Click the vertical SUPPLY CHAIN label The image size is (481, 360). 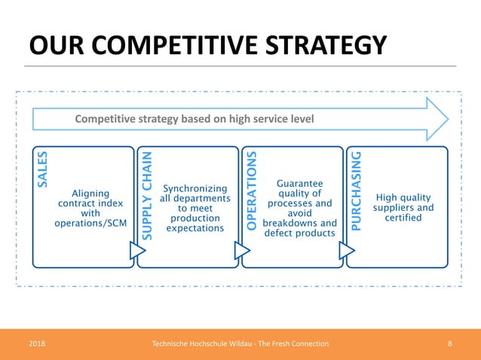[148, 196]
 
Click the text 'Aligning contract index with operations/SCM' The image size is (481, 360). [90, 209]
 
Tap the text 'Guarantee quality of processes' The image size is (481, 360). [300, 194]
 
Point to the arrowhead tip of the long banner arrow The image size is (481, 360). [447, 118]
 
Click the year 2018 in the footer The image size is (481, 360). [37, 343]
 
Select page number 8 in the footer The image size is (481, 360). [449, 343]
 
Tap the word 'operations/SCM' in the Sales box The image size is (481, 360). [90, 224]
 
